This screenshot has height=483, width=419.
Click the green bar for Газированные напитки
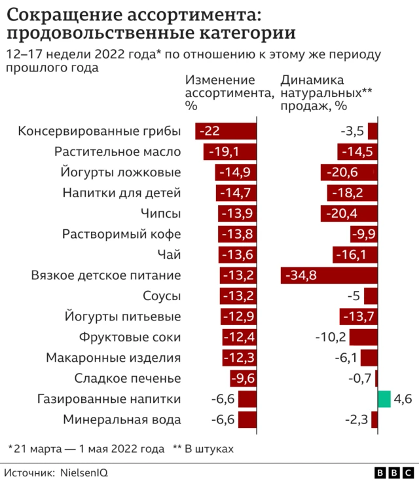pos(384,398)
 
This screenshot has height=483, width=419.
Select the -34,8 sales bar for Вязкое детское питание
pos(329,275)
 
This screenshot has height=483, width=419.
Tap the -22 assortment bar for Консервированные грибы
pos(226,131)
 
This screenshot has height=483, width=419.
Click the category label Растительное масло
pos(118,152)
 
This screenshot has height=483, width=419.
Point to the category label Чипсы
pos(161,214)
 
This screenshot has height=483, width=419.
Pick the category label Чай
pos(170,254)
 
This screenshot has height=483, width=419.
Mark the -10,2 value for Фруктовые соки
pos(331,337)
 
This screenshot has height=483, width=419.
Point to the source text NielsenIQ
pos(84,472)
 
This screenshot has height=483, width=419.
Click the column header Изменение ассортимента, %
pos(228,92)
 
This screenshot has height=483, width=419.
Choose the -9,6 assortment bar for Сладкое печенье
pos(243,378)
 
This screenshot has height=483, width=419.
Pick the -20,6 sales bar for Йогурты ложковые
pos(349,172)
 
